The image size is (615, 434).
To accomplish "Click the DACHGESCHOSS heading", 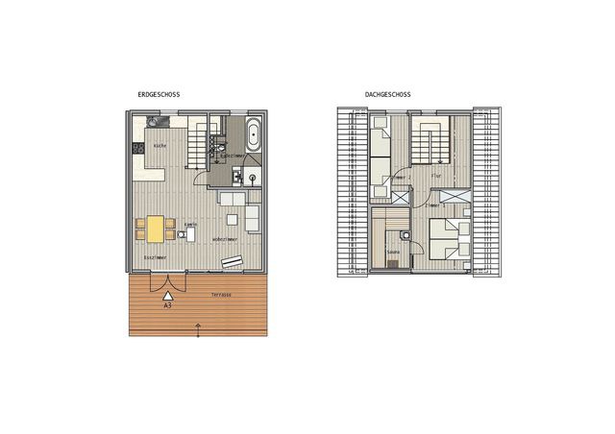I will tap(387, 95).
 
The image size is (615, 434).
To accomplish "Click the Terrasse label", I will tap(220, 295).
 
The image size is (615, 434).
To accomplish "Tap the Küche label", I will tap(160, 146).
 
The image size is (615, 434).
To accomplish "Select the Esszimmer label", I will tap(155, 258).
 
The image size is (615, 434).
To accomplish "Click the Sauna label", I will tap(392, 253).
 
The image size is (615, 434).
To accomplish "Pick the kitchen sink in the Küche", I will tap(155, 121).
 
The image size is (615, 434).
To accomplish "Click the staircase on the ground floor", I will tap(197, 142).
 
